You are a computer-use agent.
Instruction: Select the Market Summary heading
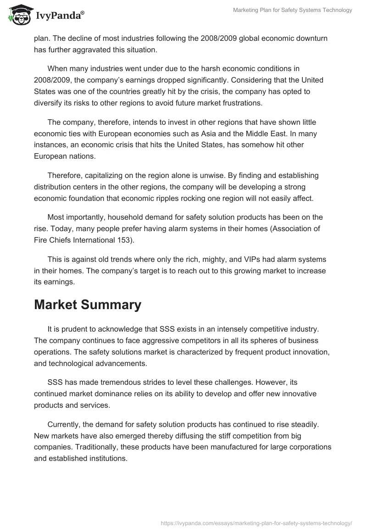88,305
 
